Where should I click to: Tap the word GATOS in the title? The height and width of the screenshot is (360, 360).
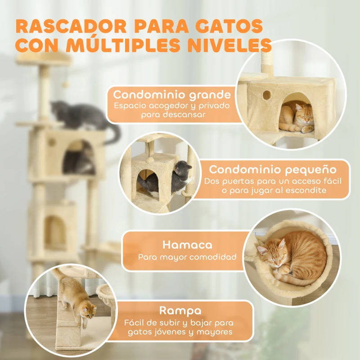point(232,26)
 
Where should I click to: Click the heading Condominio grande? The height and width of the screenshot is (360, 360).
point(172,95)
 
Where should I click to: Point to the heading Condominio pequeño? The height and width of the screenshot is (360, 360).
point(273,170)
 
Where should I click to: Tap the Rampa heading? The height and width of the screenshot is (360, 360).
point(180,311)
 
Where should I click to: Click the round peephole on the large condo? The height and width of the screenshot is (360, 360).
point(266,95)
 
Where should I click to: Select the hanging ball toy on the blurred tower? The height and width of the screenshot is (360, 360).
point(66,85)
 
